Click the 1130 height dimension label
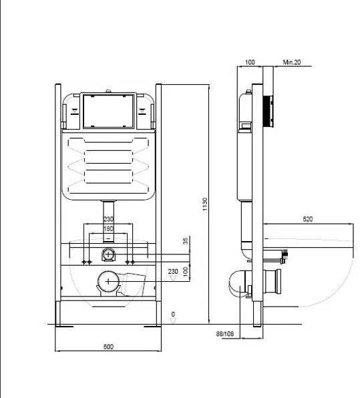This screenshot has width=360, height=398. tap(205, 204)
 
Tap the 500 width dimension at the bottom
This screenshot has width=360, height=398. tap(108, 347)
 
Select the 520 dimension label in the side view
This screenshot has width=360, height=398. tap(308, 219)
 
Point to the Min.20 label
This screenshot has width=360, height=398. tap(292, 62)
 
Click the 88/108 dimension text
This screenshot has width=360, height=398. tap(225, 333)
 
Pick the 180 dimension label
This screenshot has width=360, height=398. tap(108, 228)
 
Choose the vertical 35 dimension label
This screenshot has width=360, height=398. tap(186, 241)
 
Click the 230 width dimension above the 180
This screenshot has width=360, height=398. tap(108, 218)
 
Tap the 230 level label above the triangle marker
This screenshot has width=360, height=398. tap(173, 271)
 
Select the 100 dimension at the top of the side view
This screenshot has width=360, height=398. tap(250, 62)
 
